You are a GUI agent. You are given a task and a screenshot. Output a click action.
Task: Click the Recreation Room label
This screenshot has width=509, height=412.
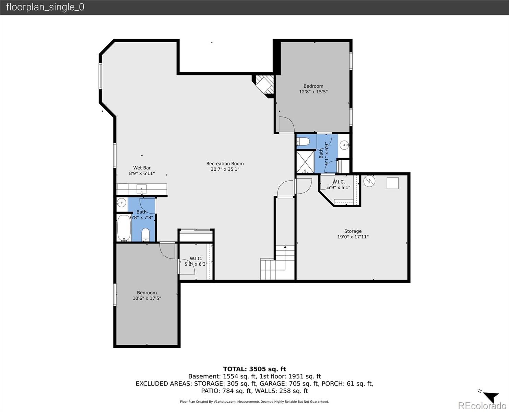click(225, 163)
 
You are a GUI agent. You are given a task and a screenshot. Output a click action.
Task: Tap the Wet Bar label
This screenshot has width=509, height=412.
click(142, 168)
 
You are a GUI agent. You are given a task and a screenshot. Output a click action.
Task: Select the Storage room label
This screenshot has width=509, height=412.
click(353, 231)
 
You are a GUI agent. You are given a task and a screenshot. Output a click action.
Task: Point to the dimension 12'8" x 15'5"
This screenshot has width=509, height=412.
click(313, 92)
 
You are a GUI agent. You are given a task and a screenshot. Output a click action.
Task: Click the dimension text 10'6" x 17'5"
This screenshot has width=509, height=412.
click(147, 298)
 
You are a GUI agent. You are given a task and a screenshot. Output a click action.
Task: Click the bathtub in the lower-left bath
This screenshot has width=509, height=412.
click(124, 228)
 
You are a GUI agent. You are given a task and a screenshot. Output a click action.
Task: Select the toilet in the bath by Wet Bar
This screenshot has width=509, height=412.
click(145, 235)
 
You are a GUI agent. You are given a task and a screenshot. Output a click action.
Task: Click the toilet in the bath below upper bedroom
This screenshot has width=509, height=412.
click(303, 142)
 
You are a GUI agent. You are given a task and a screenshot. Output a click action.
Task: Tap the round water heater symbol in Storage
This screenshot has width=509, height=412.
click(369, 181)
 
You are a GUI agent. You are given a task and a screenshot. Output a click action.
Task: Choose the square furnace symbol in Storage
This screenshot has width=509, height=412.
click(393, 183)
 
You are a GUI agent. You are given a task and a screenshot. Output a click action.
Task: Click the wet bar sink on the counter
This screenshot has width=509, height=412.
click(141, 189)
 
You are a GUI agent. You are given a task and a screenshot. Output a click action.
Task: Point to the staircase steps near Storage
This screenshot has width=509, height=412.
click(277, 263)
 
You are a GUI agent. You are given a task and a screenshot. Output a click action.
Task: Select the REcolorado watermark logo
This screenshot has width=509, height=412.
click(482, 406)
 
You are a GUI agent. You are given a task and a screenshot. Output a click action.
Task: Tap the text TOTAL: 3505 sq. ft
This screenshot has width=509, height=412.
click(254, 369)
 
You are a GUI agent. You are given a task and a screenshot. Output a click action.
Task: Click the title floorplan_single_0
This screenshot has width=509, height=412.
click(45, 7)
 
